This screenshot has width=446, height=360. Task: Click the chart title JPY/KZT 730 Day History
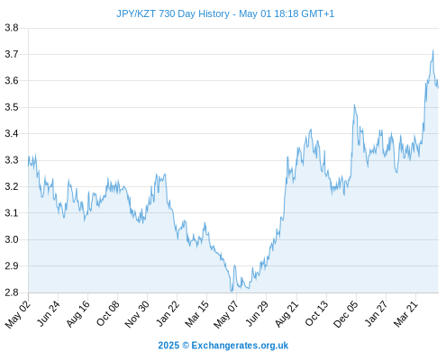click(173, 13)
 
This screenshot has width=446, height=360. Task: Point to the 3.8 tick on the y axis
click(12, 28)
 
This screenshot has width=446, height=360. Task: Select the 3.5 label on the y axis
click(12, 107)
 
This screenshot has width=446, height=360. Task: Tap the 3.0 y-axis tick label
click(12, 239)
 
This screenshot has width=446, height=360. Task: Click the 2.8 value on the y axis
click(12, 292)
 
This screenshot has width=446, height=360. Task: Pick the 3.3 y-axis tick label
click(12, 160)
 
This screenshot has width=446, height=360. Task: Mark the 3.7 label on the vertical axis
click(12, 54)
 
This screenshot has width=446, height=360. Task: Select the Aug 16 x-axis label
click(78, 313)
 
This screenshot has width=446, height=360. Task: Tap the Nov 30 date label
click(137, 314)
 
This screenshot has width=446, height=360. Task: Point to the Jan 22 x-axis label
click(168, 313)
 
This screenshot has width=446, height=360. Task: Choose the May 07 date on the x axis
click(226, 314)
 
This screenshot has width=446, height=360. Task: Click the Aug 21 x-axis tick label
click(287, 313)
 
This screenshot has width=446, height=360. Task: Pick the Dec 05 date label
click(346, 314)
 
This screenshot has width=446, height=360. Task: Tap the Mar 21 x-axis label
click(406, 313)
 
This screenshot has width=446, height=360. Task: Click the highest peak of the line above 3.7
click(432, 50)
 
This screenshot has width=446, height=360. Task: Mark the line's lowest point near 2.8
click(232, 292)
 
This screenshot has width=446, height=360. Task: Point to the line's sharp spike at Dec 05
click(354, 105)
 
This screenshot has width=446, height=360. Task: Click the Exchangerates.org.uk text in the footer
click(240, 346)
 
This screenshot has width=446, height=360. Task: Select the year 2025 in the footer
click(168, 346)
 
